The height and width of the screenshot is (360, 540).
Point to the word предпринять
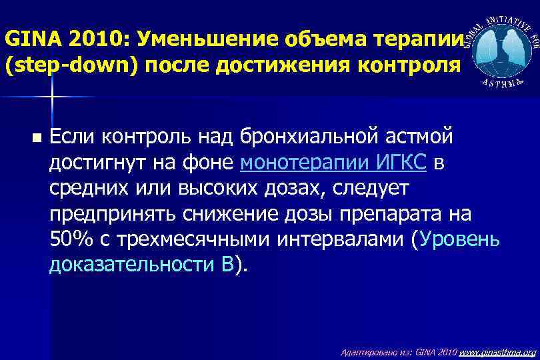point(113,214)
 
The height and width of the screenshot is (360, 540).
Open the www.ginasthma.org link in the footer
point(497,352)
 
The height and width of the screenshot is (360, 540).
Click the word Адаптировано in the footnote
point(365,352)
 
